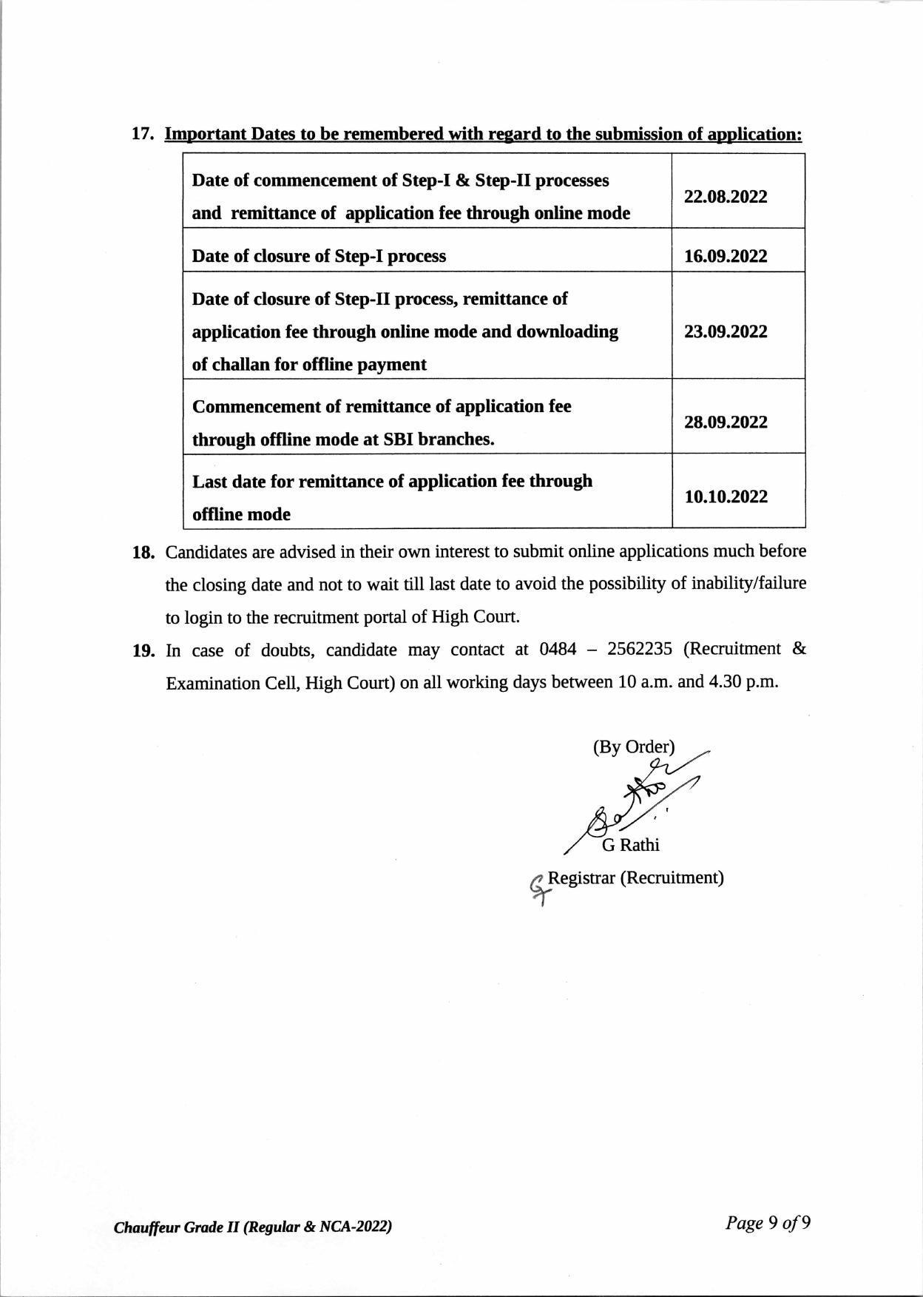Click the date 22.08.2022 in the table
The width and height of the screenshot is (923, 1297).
click(726, 197)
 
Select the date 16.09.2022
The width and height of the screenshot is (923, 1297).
click(726, 256)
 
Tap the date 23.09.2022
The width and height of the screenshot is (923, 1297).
click(726, 331)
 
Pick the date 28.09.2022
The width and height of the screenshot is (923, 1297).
click(726, 422)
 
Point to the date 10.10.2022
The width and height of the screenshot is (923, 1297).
click(726, 496)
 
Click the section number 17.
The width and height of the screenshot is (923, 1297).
click(142, 134)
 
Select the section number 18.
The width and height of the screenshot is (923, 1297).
click(143, 552)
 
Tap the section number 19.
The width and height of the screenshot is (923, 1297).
click(143, 650)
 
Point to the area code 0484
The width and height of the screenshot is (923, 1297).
click(558, 649)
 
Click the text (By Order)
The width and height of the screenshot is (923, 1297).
click(633, 747)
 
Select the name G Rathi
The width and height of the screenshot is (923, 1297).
click(630, 845)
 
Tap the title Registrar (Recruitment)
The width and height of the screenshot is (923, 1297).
click(635, 877)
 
